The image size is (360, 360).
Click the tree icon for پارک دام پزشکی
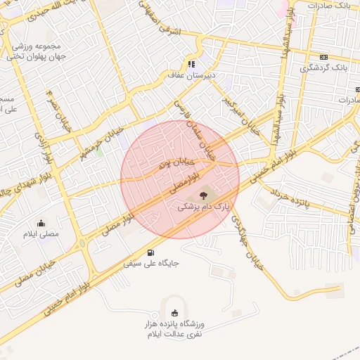(x=203, y=195)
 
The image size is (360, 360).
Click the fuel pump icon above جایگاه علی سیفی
(x=151, y=252)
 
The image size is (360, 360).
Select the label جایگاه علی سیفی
(x=151, y=264)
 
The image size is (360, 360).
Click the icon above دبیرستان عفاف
(x=190, y=63)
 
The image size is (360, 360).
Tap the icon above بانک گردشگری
(x=323, y=57)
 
